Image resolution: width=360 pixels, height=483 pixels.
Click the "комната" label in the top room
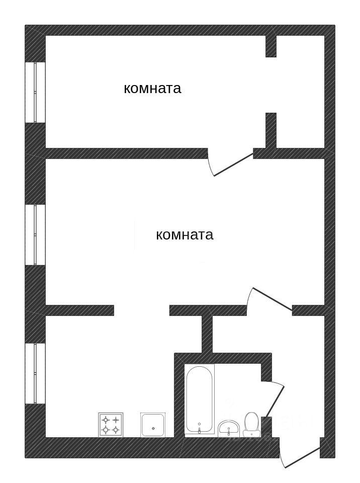[x=152, y=89]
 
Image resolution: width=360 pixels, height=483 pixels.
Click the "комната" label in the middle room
[x=185, y=235]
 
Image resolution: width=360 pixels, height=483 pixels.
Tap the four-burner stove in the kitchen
[x=111, y=425]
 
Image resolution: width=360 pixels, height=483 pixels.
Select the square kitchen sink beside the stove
[x=153, y=425]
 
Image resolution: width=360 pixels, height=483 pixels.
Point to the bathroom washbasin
[x=229, y=428]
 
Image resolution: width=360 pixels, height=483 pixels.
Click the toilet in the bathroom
[x=251, y=424]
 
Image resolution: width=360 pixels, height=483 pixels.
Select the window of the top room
[x=35, y=93]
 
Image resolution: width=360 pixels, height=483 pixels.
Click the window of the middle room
[x=35, y=234]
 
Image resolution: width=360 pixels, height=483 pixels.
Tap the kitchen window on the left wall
[x=35, y=373]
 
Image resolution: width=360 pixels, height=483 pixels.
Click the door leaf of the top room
[x=233, y=165]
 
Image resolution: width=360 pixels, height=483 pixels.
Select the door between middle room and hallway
[x=272, y=299]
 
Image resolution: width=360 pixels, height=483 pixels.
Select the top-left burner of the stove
[x=106, y=420]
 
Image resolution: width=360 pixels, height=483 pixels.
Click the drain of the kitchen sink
[x=153, y=428]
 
